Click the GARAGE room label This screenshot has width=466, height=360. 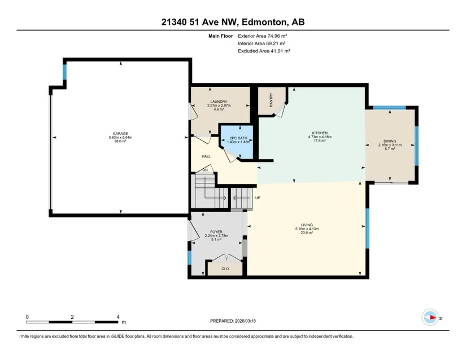click(120, 134)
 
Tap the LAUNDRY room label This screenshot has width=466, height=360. click(219, 102)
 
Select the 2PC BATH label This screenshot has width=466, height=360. click(238, 138)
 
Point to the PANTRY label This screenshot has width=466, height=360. click(271, 100)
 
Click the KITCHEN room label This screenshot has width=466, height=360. click(320, 133)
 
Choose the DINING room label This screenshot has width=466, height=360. click(390, 141)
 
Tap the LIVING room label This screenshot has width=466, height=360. click(307, 225)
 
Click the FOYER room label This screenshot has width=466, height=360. click(216, 232)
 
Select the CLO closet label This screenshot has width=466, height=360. click(225, 269)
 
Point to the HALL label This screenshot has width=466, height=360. click(206, 156)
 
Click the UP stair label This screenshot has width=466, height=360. click(258, 197)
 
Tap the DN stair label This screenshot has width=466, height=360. click(205, 170)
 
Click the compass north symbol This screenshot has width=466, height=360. click(430, 318)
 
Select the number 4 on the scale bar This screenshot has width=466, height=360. click(118, 317)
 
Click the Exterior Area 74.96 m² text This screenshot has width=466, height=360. click(263, 36)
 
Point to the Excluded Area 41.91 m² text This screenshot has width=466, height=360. click(264, 51)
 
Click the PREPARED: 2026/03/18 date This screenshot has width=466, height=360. click(233, 321)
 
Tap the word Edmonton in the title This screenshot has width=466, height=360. click(264, 22)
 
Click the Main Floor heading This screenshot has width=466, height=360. click(220, 36)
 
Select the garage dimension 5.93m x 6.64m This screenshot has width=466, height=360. click(120, 138)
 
